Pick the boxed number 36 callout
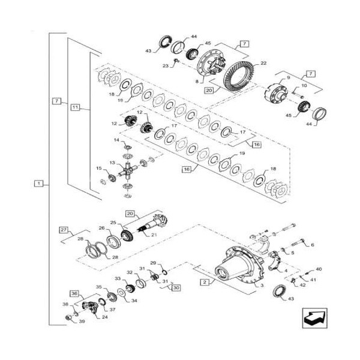(x=75, y=293)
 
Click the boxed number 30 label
(x=176, y=287)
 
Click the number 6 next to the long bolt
(x=312, y=244)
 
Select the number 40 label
(x=319, y=269)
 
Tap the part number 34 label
(x=134, y=301)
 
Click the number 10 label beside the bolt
(x=304, y=86)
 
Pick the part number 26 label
(x=102, y=229)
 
